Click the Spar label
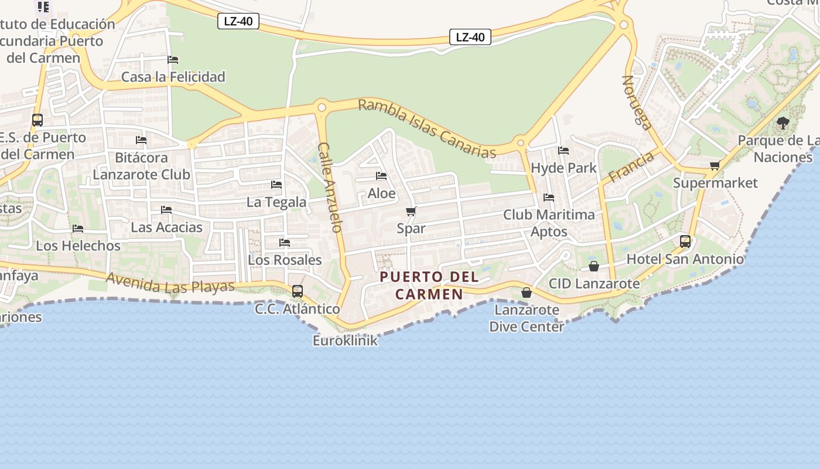411,228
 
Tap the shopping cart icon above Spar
411,212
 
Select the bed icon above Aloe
381,176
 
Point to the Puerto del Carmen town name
429,286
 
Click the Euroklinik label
345,341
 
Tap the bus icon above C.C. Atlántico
298,291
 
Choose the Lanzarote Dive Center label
527,318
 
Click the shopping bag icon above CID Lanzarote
594,266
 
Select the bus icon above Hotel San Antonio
685,241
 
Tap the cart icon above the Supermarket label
715,166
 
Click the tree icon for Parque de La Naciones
783,123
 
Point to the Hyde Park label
563,168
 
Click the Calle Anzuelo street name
329,187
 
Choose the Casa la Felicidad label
173,77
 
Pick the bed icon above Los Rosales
285,243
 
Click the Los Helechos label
78,246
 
